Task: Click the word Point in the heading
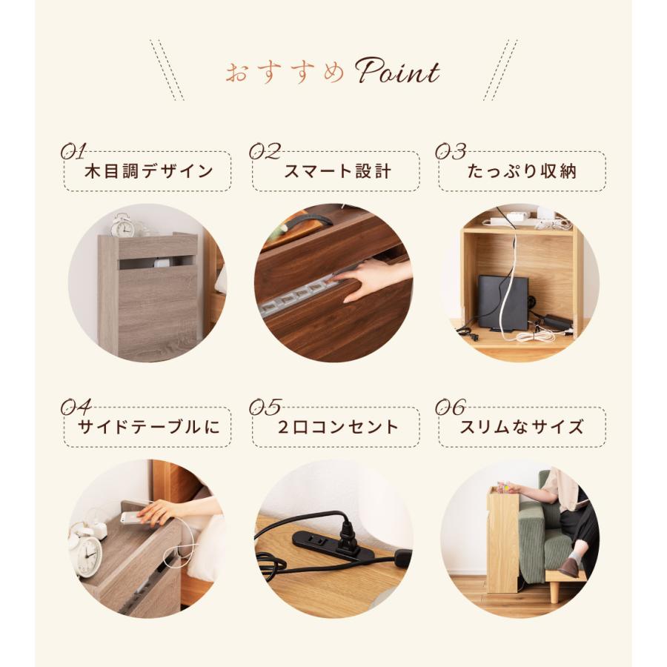point(397,73)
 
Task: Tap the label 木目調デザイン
point(148,172)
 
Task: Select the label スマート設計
point(337,172)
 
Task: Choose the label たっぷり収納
point(522,172)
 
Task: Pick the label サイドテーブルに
point(148,427)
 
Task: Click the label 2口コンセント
point(337,427)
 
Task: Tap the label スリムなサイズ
point(522,427)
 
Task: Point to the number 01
point(73,152)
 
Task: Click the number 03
point(450,152)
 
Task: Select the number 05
point(265,407)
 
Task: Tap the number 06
point(450,407)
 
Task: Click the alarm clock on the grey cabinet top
point(122,225)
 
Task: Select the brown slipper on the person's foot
point(569,567)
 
